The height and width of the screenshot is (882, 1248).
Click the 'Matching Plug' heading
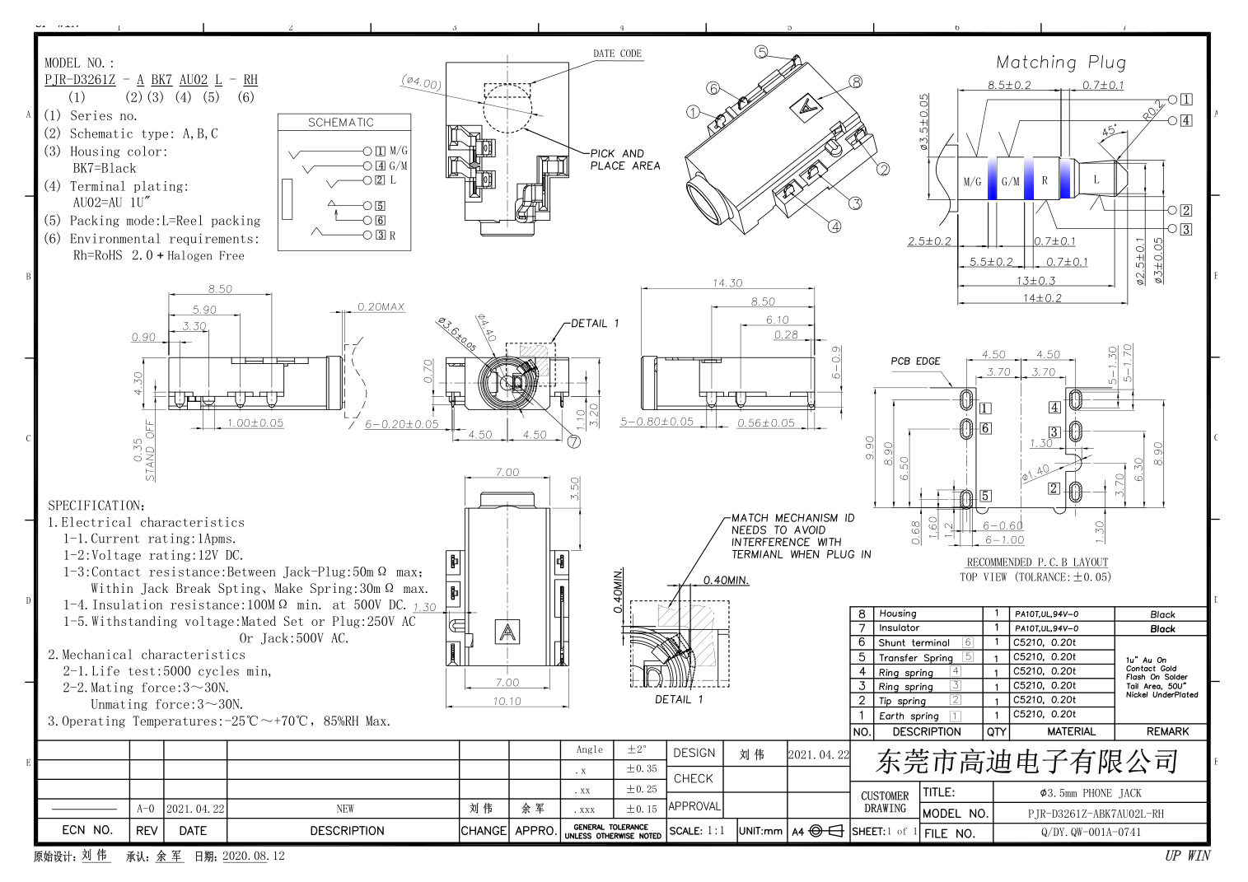click(1060, 63)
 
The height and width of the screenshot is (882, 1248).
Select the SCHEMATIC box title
click(341, 123)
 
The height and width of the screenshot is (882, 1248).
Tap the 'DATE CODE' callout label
click(617, 54)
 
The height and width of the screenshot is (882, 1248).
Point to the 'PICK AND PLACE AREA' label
click(624, 160)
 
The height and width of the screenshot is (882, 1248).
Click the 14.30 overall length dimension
click(727, 283)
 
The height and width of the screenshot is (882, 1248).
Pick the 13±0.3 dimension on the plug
click(1035, 281)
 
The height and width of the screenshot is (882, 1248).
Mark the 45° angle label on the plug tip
click(1110, 131)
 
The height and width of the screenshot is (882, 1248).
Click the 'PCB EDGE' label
click(915, 361)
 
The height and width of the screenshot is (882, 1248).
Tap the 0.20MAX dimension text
click(381, 307)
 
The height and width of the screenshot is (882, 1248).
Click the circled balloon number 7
click(574, 441)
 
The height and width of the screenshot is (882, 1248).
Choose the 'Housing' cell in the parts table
click(898, 614)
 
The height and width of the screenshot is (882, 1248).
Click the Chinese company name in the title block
click(1027, 762)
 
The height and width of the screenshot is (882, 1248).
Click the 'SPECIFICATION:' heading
click(96, 506)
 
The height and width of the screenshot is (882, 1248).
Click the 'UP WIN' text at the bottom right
click(1187, 856)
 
